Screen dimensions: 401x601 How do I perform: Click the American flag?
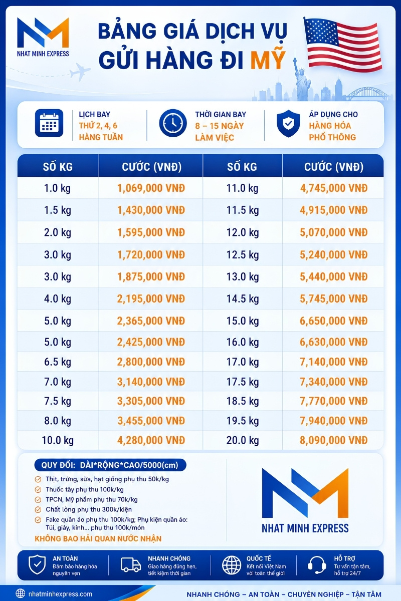point(343,44)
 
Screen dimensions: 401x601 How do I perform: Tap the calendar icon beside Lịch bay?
point(49,123)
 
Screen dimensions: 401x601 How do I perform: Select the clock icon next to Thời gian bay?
point(173,123)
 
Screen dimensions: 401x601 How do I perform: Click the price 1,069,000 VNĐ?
point(151,188)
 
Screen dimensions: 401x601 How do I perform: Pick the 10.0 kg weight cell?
point(58,440)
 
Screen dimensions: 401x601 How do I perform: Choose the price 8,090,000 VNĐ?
point(334,440)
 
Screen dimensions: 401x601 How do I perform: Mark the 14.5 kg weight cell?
point(243,298)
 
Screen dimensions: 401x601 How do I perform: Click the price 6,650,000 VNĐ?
point(334,321)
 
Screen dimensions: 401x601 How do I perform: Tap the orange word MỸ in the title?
point(268,59)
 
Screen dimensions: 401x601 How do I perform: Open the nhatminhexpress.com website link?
point(60,594)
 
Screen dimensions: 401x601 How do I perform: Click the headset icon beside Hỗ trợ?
point(317,564)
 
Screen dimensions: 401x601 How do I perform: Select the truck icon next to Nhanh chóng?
point(131,564)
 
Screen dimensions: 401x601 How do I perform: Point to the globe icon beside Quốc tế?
point(232,564)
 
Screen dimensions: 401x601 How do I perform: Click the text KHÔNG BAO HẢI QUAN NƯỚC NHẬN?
point(98,538)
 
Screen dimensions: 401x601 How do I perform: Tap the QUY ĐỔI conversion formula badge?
point(110,465)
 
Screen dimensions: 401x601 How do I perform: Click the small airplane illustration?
point(80,71)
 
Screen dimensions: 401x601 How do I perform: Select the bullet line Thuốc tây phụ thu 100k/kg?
point(85,489)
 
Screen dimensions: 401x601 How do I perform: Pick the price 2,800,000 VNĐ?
point(151,362)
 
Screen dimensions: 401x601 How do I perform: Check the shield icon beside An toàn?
point(37,564)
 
